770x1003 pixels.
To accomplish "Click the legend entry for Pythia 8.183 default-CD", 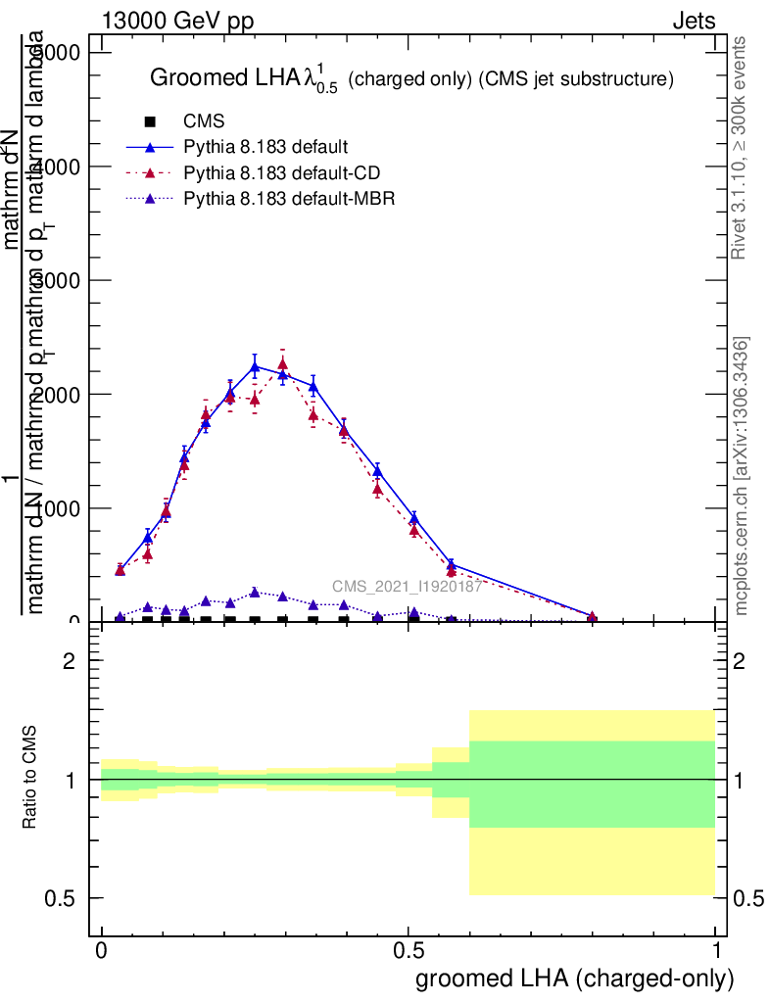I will click(282, 173).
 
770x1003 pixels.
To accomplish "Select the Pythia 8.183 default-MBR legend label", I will click(286, 199).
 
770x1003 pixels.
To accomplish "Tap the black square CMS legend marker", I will click(150, 122).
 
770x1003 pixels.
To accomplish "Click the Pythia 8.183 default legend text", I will click(265, 148).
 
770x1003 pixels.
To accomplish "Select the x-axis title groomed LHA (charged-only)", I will click(574, 979).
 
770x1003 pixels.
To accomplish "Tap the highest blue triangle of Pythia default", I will click(255, 367).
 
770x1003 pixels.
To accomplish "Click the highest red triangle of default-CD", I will click(282, 364).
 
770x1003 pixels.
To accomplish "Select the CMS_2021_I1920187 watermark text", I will click(407, 587).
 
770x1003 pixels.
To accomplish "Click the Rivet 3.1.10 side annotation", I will click(740, 147).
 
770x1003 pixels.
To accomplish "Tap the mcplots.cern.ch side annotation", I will click(742, 476).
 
